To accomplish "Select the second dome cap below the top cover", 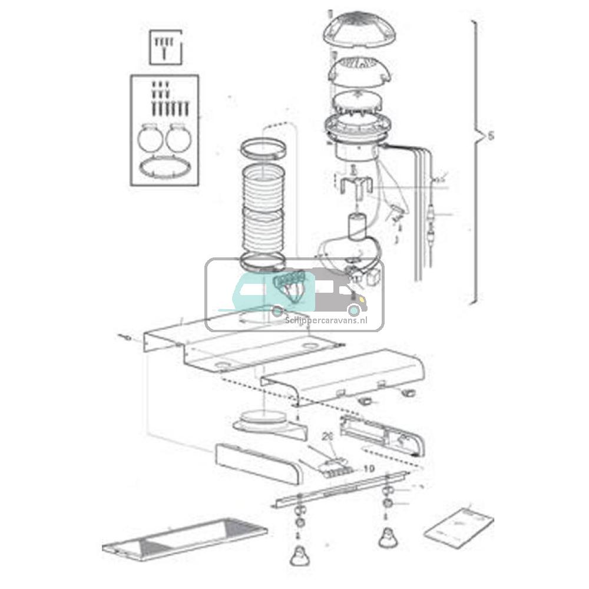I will pos(353,72).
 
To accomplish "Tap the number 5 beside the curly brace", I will pos(491,136).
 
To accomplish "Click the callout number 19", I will pos(369,469).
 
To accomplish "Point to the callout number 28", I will pos(328,437).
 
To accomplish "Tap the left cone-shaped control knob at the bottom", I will pos(300,554).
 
